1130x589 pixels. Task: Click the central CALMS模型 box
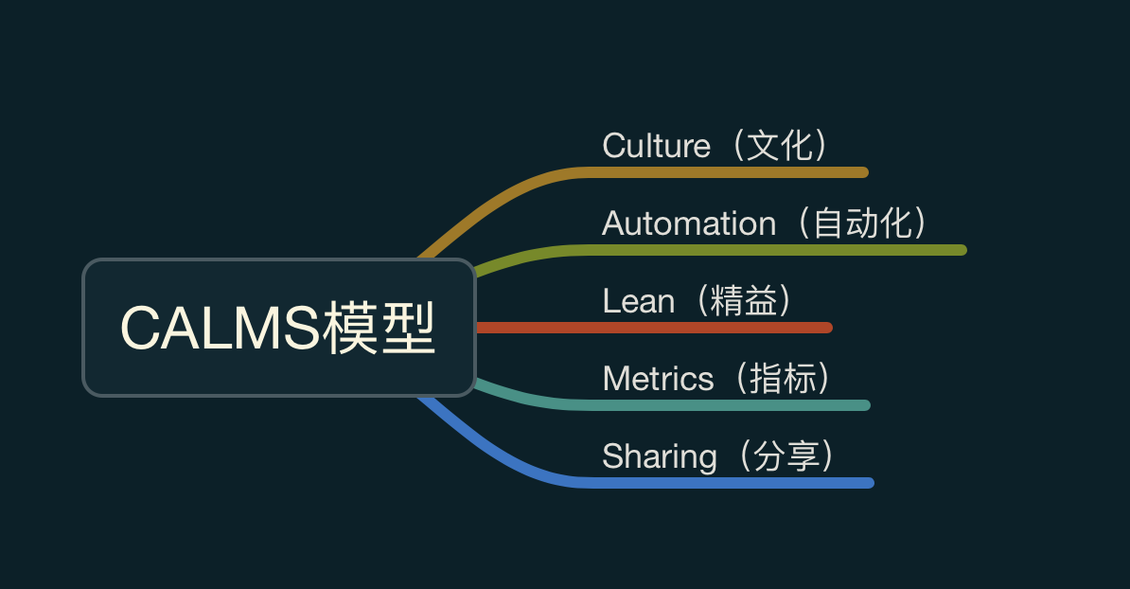278,328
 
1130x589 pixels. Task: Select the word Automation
688,223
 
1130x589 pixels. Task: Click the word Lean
638,301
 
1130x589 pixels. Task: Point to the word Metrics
658,379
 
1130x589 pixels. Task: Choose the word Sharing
659,456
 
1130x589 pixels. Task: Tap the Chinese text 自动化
863,223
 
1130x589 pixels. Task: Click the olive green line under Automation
776,250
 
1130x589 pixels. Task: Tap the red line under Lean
662,328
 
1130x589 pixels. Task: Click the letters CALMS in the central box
220,329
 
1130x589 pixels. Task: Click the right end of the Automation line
962,250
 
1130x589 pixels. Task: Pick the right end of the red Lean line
827,328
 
